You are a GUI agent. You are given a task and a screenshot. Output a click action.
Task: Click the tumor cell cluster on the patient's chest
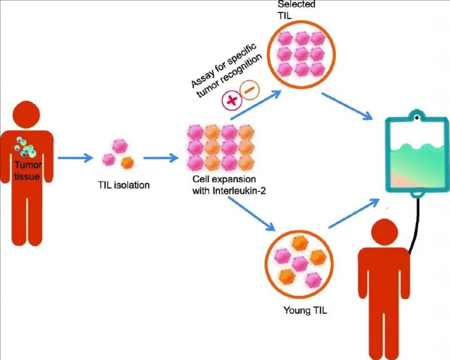[28, 148]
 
